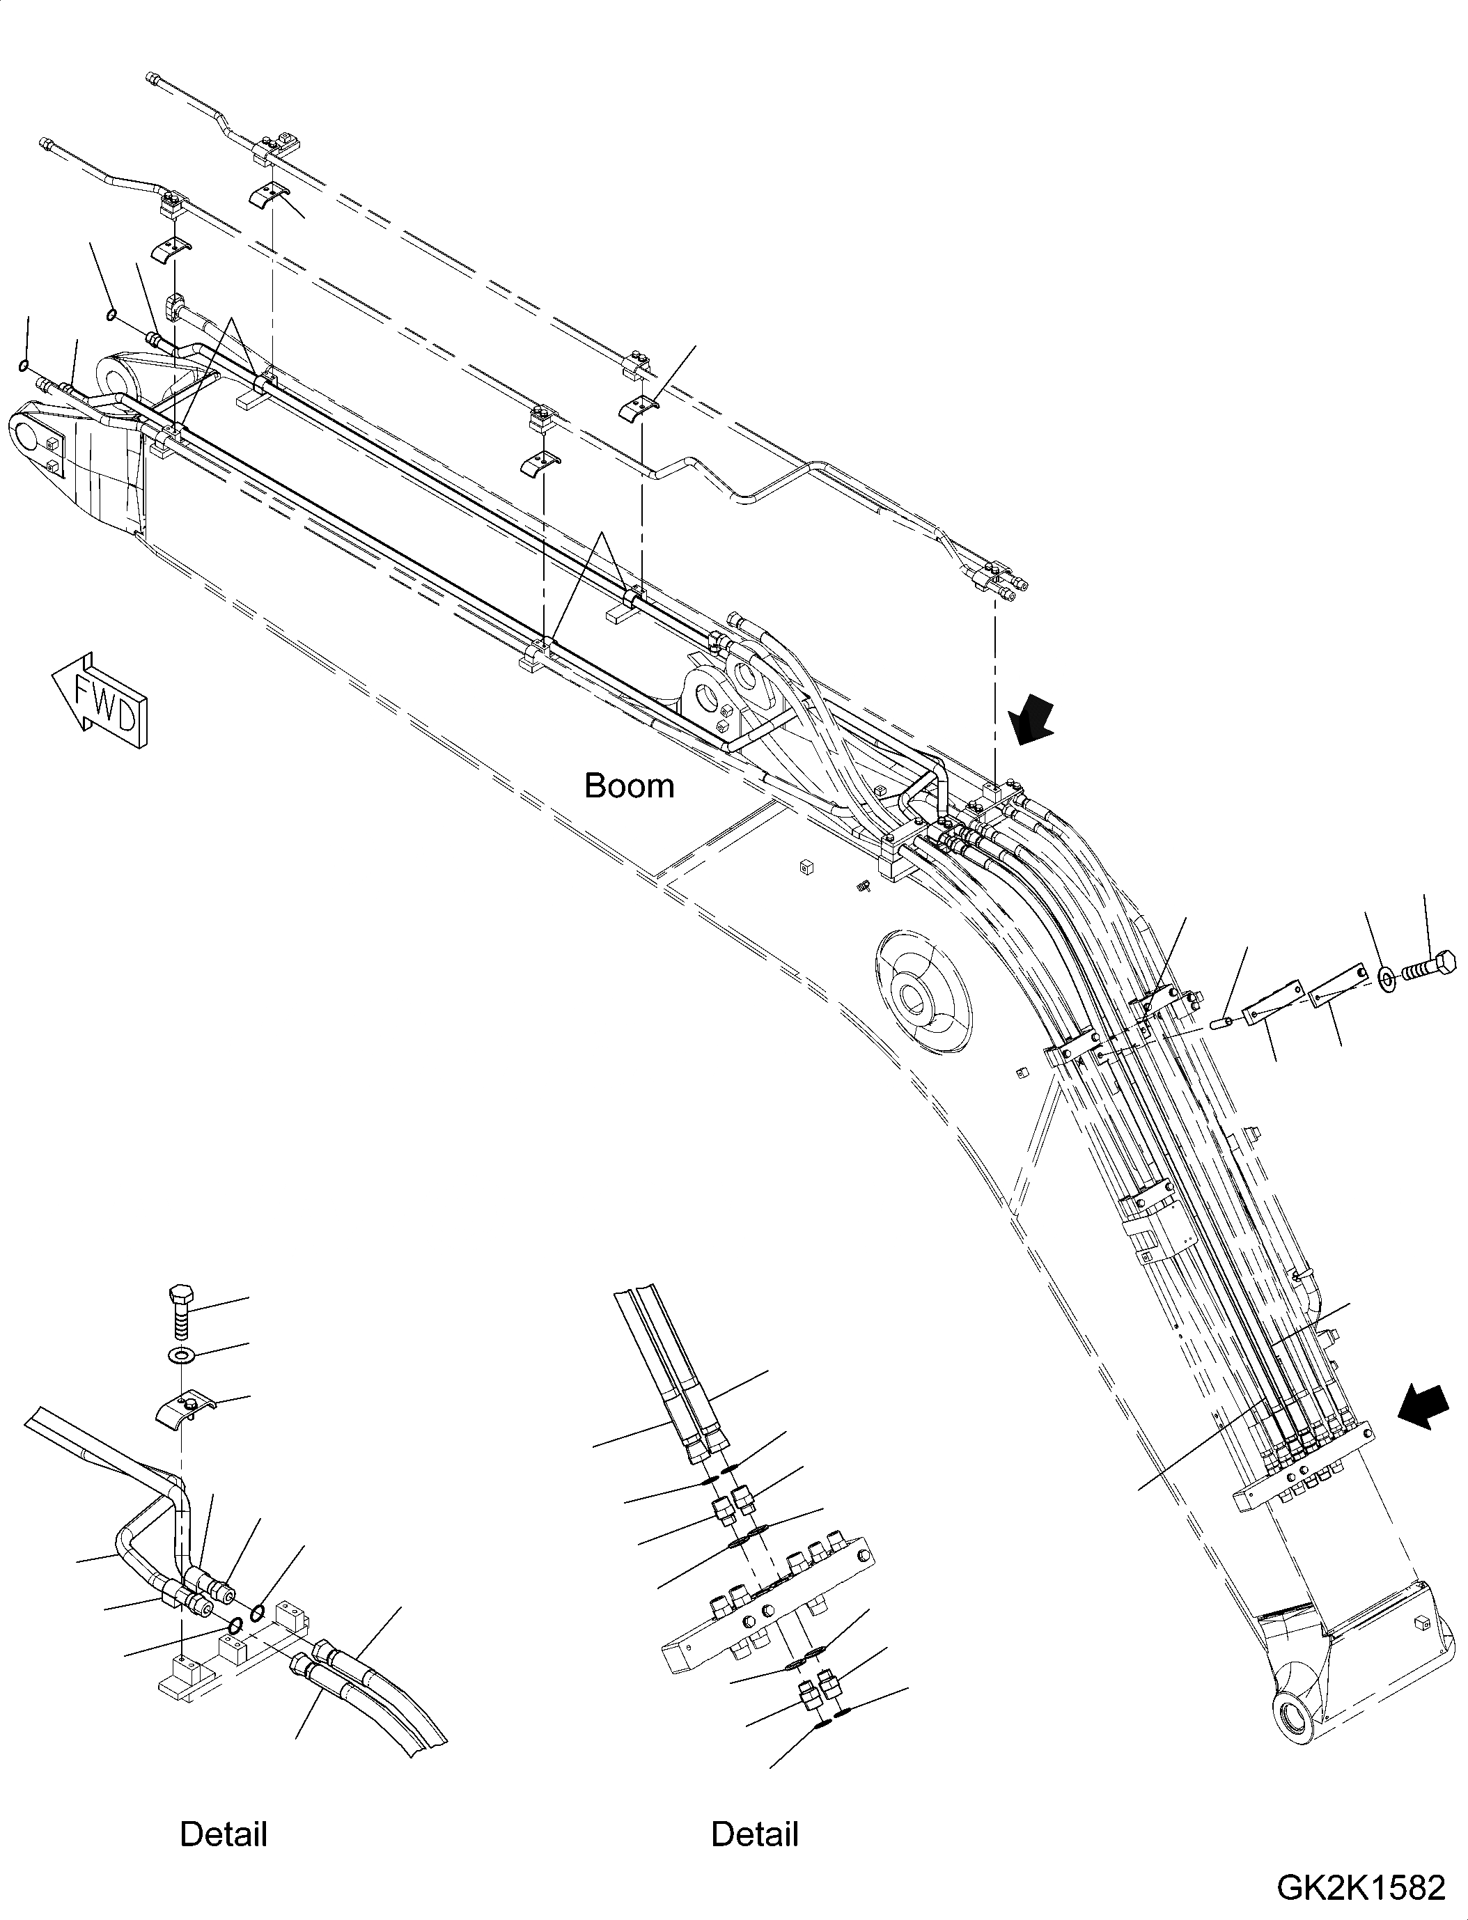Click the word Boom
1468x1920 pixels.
click(629, 786)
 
